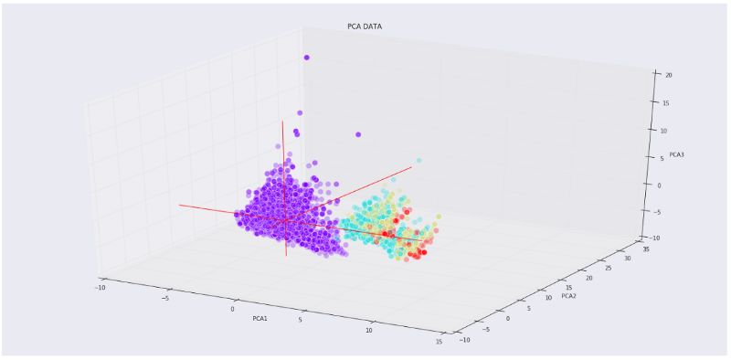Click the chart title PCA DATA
pos(365,26)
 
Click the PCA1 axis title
pos(260,319)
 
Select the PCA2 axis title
pos(568,296)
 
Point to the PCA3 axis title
pos(677,154)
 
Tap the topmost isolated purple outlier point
pos(306,58)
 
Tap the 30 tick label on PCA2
pos(627,259)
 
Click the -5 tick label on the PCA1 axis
pos(164,297)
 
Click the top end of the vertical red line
pos(282,121)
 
